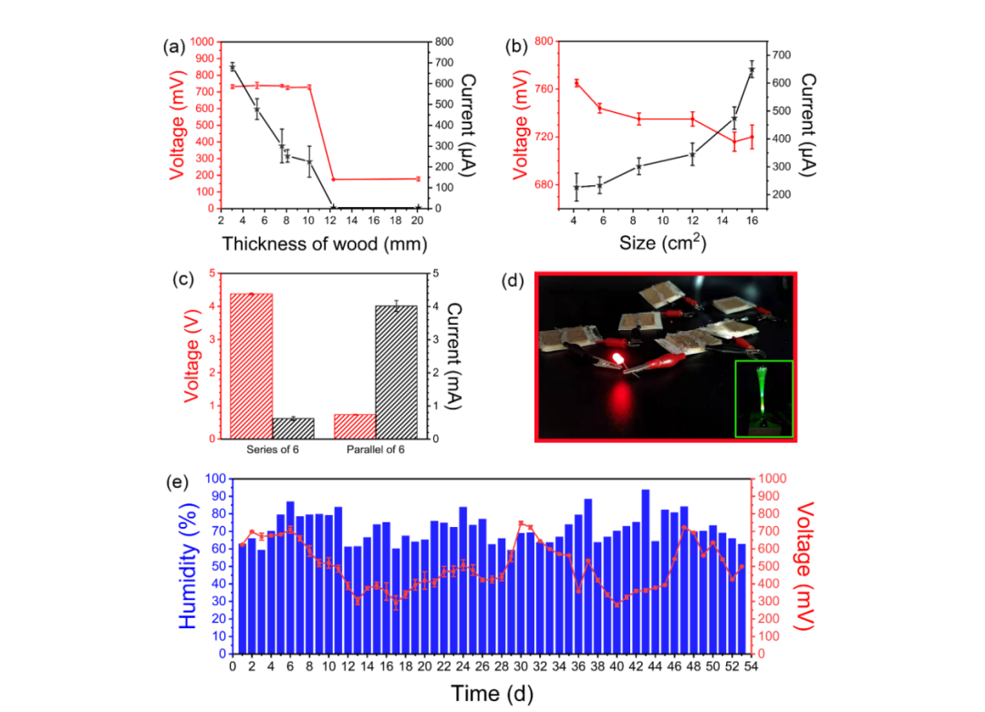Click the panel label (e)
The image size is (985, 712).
(176, 482)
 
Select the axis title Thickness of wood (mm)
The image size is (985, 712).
(324, 243)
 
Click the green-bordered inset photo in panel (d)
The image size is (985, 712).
(763, 398)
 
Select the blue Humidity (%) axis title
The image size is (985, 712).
(188, 565)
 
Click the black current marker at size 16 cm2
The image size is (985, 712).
(752, 70)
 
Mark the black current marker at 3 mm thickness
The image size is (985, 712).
(233, 67)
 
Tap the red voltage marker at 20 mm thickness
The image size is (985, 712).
(418, 179)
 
